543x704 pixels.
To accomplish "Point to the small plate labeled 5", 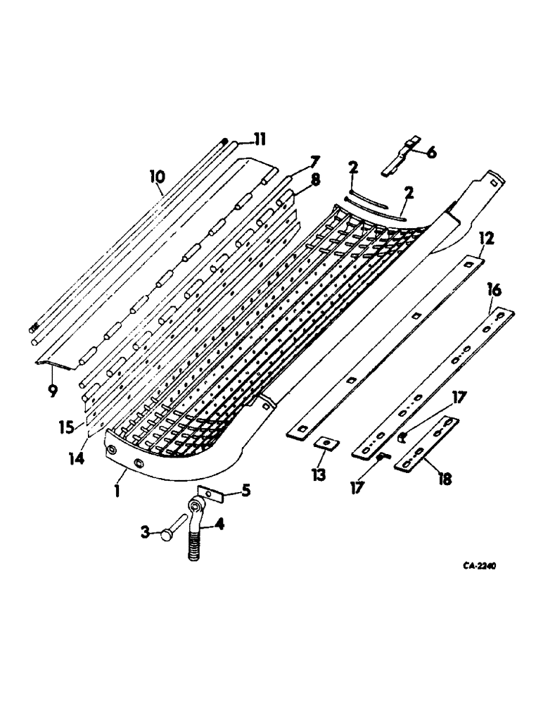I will (210, 495).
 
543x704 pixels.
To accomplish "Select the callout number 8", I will (314, 180).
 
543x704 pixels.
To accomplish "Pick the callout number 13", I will (319, 475).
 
